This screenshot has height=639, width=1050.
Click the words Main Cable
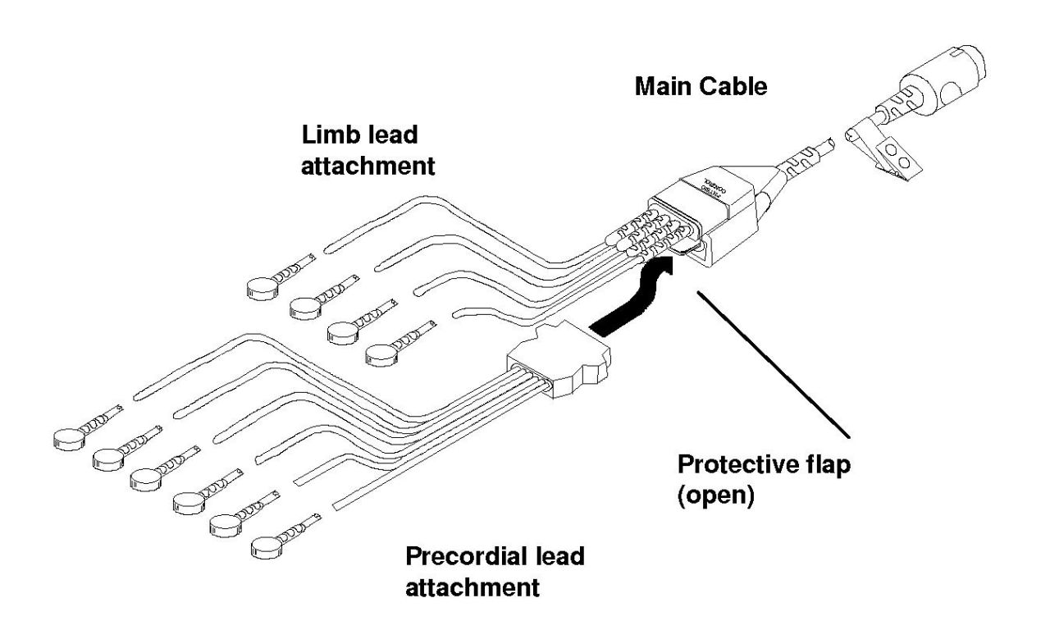coord(701,86)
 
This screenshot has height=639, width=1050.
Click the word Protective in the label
coord(739,467)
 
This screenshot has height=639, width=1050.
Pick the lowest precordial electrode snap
coord(267,545)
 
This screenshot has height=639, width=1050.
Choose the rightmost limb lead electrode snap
coord(380,354)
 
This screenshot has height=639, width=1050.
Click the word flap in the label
coord(829,467)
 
